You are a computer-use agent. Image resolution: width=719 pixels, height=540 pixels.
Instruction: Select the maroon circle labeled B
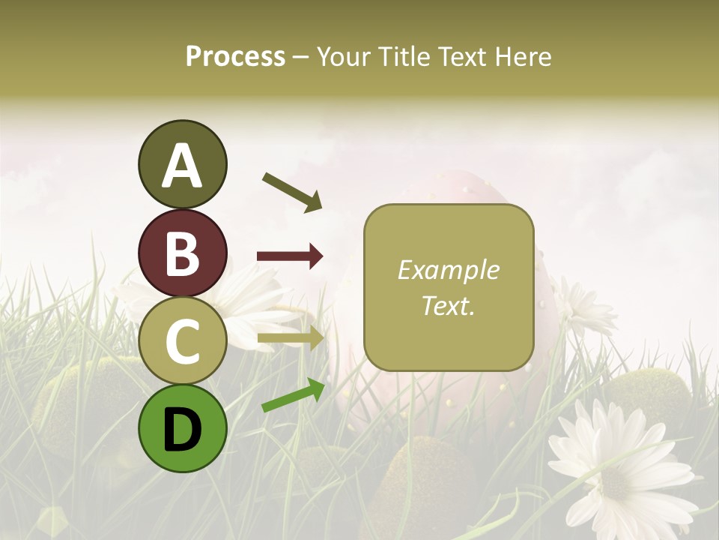coord(182,253)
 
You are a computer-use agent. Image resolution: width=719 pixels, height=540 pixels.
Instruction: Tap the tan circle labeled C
coord(182,341)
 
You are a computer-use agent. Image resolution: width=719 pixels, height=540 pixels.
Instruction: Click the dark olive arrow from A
coord(292,192)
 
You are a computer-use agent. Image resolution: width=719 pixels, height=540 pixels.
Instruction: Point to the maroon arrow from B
coord(290,256)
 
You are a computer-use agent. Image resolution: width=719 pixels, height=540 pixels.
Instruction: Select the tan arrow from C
coord(290,338)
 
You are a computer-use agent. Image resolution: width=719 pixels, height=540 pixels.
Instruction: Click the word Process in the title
coord(235,57)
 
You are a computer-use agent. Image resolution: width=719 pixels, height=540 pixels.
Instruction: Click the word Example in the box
coord(448,270)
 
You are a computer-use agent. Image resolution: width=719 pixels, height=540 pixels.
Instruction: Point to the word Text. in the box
coord(448,305)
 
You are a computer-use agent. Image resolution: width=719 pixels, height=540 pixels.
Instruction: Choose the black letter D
coord(182,430)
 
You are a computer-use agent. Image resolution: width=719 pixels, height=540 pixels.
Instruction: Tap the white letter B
coord(182,253)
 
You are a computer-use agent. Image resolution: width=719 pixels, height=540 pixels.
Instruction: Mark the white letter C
coord(182,341)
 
